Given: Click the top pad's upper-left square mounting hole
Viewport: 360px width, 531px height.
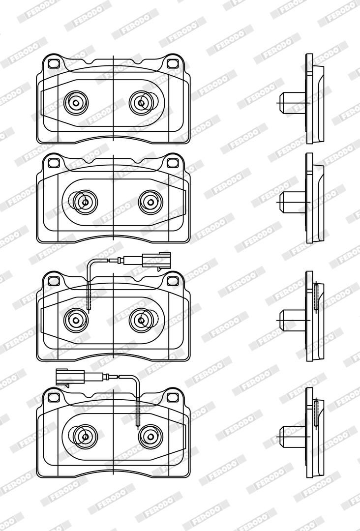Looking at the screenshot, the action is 54,63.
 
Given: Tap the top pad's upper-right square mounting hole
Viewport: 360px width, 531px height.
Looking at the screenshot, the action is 173,63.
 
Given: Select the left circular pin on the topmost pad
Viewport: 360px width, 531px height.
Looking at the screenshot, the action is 76,103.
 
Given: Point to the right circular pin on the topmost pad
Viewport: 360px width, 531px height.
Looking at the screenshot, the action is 141,103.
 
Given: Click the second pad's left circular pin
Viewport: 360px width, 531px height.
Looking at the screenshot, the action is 86,202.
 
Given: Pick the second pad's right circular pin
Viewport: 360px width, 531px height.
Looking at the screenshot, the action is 150,202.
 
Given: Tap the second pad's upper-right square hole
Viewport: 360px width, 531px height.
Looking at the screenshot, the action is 173,163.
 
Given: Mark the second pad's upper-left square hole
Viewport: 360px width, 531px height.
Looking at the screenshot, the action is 54,163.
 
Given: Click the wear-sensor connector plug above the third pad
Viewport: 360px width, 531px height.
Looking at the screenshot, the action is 156,260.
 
